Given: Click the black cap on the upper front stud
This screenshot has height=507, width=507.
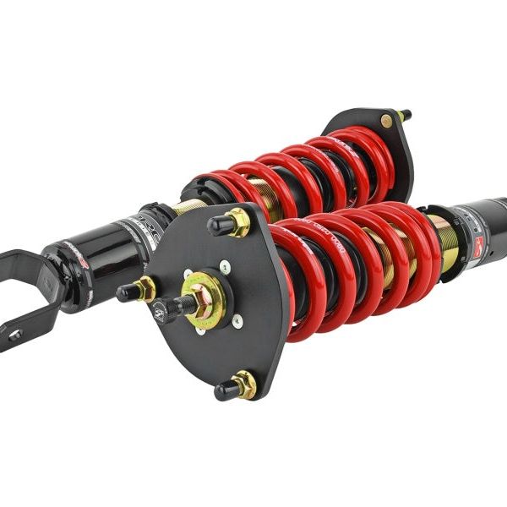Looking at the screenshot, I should click(x=219, y=225).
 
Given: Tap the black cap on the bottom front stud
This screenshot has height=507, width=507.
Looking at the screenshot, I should click(x=226, y=390).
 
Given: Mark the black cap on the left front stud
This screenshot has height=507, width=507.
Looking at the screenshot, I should click(x=128, y=293).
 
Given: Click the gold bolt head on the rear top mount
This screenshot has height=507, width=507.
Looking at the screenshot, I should click(x=386, y=121).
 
